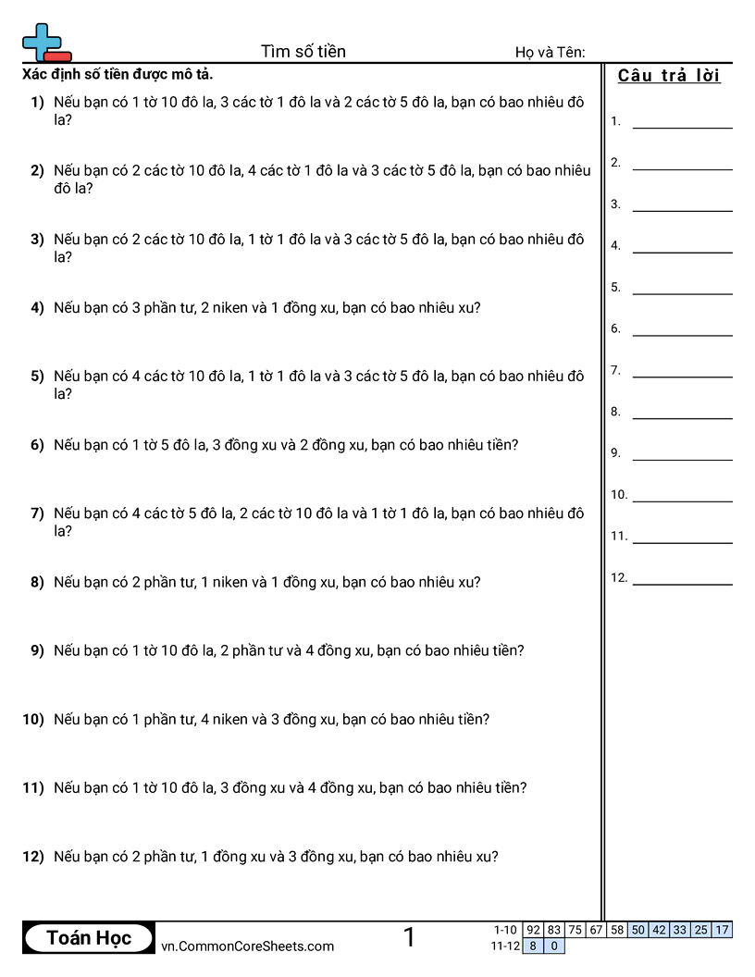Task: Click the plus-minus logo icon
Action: coord(45,43)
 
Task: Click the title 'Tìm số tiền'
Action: coord(303,51)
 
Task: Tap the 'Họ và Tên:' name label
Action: coord(550,53)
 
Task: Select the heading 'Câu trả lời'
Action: coord(669,76)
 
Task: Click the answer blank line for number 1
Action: coord(682,127)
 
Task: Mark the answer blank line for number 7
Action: coord(682,376)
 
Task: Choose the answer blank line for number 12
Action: coord(682,584)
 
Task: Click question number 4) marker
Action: coord(37,308)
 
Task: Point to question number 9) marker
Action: coord(37,650)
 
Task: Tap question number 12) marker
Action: coord(33,857)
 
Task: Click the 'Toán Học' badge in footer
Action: coord(89,937)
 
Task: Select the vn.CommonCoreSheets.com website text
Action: coord(247,946)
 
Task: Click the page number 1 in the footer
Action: coord(409,937)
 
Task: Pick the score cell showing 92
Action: coord(533,930)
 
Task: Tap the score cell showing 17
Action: coord(722,930)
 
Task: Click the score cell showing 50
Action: coord(637,930)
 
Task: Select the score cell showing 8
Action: coord(533,946)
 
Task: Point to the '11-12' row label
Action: coord(505,946)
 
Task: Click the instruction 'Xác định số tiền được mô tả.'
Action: coord(123,74)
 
